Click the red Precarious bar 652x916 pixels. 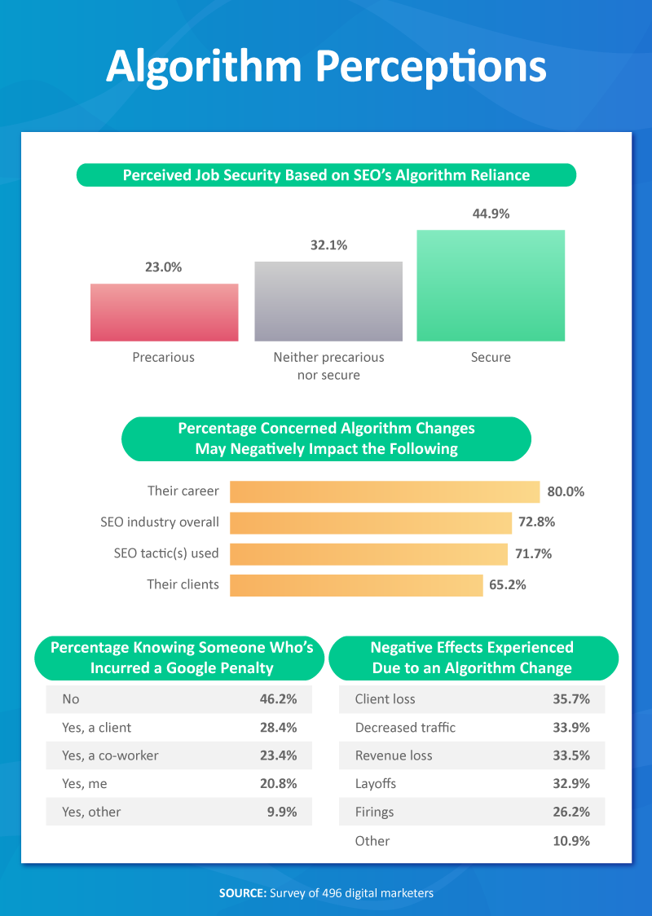coord(164,312)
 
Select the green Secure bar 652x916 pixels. coord(491,285)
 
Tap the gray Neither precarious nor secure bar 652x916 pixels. coord(328,301)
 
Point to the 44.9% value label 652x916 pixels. coord(491,214)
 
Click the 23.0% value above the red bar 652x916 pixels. coord(164,266)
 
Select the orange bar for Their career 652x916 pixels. coord(385,491)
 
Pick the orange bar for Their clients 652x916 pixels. coord(356,584)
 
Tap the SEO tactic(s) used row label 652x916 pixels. coord(166,553)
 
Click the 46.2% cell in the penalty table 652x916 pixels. coord(277,699)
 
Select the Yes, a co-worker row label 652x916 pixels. coord(110,755)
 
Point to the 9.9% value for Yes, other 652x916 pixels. coord(280,812)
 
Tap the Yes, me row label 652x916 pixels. coord(85,783)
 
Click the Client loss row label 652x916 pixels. coord(385,699)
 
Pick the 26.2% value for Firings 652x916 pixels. coord(570,812)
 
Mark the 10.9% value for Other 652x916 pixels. coord(570,840)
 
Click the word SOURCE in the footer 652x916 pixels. coord(242,893)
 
